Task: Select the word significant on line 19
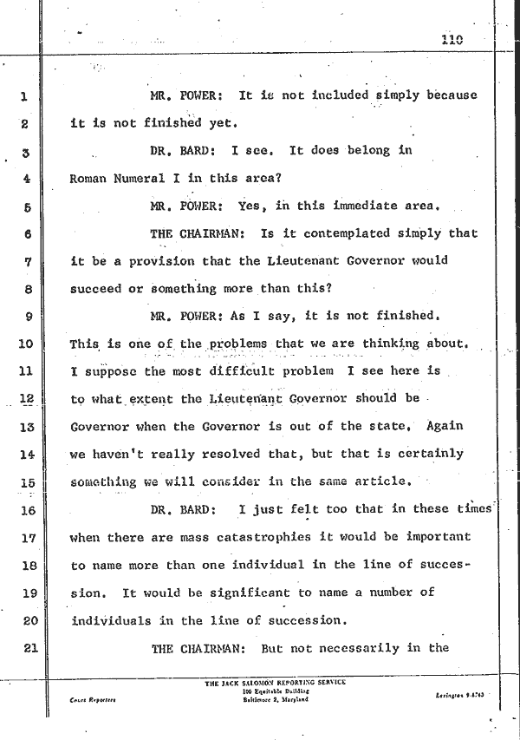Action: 241,592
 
